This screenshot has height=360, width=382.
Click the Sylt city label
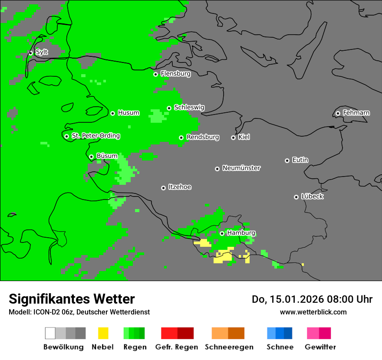(42, 52)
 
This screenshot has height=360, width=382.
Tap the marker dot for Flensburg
(155, 74)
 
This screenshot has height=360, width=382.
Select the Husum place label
(128, 113)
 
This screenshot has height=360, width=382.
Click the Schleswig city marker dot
(169, 108)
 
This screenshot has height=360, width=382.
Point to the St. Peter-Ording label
(95, 136)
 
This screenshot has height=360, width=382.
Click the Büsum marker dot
(91, 157)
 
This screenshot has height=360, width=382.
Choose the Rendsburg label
(203, 137)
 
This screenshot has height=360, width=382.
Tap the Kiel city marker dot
(233, 137)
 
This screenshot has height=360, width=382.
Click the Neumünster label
(241, 168)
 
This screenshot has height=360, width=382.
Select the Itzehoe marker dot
(163, 188)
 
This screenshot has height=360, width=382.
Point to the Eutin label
(300, 160)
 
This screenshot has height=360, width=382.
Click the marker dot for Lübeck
(296, 197)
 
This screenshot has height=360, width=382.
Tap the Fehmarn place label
(356, 113)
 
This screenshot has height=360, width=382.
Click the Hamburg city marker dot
(222, 233)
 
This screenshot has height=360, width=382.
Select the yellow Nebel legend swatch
(103, 333)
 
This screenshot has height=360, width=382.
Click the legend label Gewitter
(320, 347)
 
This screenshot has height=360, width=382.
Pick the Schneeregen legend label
(229, 347)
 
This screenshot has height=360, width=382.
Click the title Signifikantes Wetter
(72, 299)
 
